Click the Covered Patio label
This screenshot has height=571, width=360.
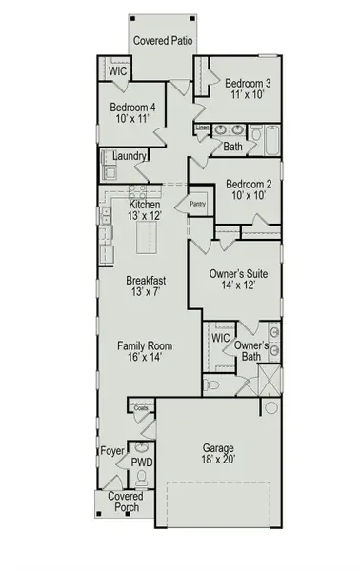pos(165,40)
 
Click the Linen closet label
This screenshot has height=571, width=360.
pos(203,127)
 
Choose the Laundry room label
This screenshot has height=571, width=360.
pos(129,155)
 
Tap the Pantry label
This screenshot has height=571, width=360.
pos(198,203)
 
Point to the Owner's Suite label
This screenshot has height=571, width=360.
pos(238,273)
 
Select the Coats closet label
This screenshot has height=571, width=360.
pos(142,407)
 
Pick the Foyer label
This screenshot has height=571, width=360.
pos(112,453)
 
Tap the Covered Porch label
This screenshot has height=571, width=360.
pos(125,502)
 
